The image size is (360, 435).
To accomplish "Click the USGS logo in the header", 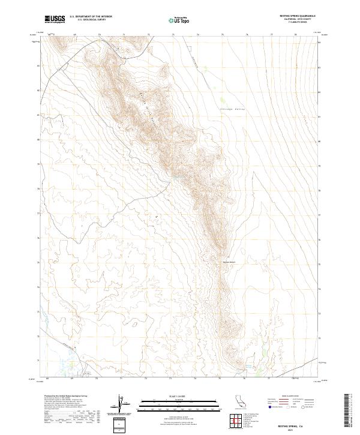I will (x=55, y=19).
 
